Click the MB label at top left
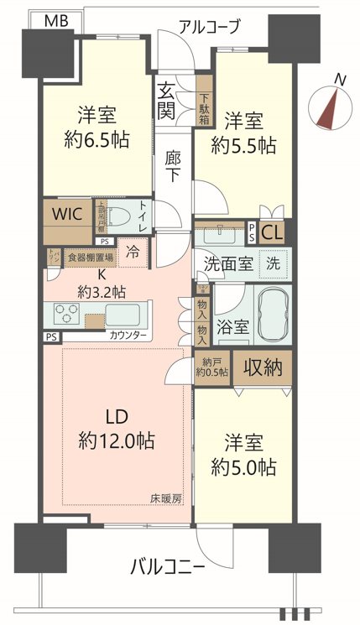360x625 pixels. (x=57, y=19)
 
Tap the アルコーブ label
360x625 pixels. (x=209, y=27)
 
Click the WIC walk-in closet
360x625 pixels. (x=66, y=214)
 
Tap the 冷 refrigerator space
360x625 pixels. (x=133, y=251)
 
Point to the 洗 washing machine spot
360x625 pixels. (x=274, y=262)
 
